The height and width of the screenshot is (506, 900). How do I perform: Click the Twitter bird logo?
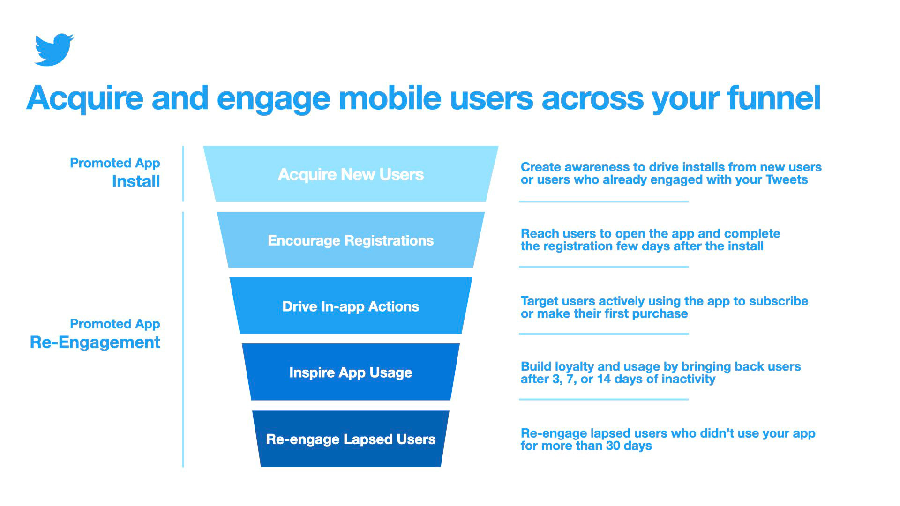(53, 50)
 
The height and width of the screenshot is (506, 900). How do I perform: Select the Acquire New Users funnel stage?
(351, 174)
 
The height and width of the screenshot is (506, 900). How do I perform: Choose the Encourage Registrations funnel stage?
(351, 240)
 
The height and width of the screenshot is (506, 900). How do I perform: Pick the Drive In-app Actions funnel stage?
(351, 306)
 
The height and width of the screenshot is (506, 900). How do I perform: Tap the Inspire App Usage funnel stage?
(351, 372)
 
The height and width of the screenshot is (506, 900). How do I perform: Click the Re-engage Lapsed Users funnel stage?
(351, 439)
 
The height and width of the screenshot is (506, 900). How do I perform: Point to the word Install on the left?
(136, 181)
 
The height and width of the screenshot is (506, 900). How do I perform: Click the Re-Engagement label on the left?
(95, 342)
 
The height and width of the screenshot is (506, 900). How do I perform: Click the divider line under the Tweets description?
(603, 201)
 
